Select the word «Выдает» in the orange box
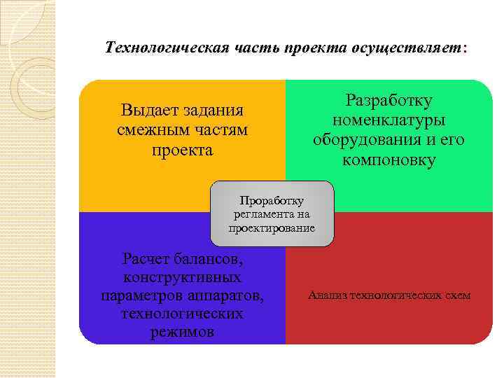tap(149, 111)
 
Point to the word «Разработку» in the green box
tap(388, 101)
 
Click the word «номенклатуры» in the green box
tap(389, 120)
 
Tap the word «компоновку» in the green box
tap(389, 160)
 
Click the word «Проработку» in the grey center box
tap(272, 200)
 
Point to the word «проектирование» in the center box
tap(272, 228)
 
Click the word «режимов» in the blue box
tap(182, 332)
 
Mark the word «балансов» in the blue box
tap(210, 260)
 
